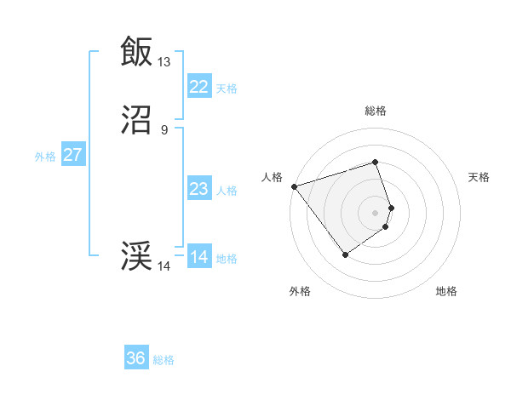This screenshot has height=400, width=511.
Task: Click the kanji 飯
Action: [x=136, y=51]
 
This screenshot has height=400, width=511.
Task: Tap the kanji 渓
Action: [x=136, y=255]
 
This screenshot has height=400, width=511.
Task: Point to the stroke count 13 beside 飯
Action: [x=164, y=61]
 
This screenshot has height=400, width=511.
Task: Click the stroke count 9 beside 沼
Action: [x=164, y=129]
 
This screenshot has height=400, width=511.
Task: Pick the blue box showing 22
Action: [x=198, y=86]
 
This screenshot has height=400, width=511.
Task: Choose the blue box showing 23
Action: [x=198, y=189]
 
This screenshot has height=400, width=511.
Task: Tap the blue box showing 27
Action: [x=72, y=155]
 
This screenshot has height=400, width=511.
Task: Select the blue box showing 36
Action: [x=136, y=358]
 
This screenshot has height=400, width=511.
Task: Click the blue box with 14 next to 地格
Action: [x=198, y=257]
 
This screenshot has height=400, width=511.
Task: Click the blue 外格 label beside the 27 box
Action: [x=45, y=157]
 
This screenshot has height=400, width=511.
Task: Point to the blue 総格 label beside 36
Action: [x=164, y=360]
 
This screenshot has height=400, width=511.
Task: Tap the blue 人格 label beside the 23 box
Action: [x=227, y=191]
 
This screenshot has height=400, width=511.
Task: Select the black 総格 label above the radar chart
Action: [x=376, y=111]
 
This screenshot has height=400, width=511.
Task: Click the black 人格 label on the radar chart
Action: [x=272, y=177]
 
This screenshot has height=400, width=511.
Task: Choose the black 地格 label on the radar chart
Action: [x=446, y=291]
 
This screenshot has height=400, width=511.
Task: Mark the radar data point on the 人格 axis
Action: [x=294, y=186]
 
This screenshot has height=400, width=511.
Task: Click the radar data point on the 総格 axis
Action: [x=376, y=162]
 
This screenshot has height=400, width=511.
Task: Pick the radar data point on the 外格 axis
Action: [x=345, y=254]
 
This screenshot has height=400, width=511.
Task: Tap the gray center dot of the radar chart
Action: [x=376, y=212]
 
